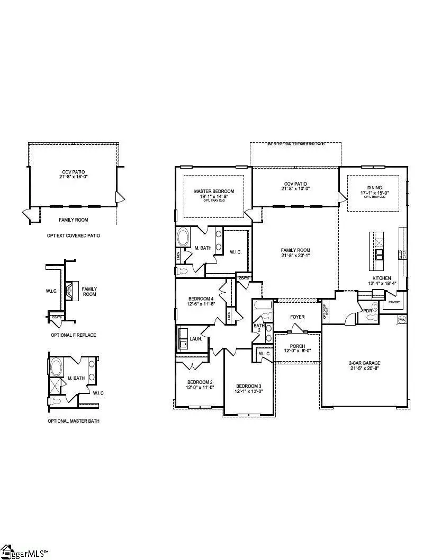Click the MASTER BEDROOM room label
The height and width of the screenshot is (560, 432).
(213, 191)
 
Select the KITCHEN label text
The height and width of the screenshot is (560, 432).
(381, 278)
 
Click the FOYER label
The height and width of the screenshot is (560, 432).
(297, 317)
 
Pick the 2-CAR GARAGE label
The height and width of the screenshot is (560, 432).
(364, 363)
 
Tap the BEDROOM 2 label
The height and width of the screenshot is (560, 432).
(199, 382)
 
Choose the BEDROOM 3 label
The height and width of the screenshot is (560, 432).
(249, 386)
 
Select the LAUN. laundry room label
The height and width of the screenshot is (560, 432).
(196, 337)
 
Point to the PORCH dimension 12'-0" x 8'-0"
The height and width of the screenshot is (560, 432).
(297, 352)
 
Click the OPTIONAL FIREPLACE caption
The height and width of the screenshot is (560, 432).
(73, 335)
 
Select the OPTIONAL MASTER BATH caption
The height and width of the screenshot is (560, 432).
(73, 421)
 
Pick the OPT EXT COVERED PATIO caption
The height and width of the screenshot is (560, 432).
(73, 235)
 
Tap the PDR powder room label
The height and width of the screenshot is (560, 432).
(366, 310)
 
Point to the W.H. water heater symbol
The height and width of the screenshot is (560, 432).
(402, 320)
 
